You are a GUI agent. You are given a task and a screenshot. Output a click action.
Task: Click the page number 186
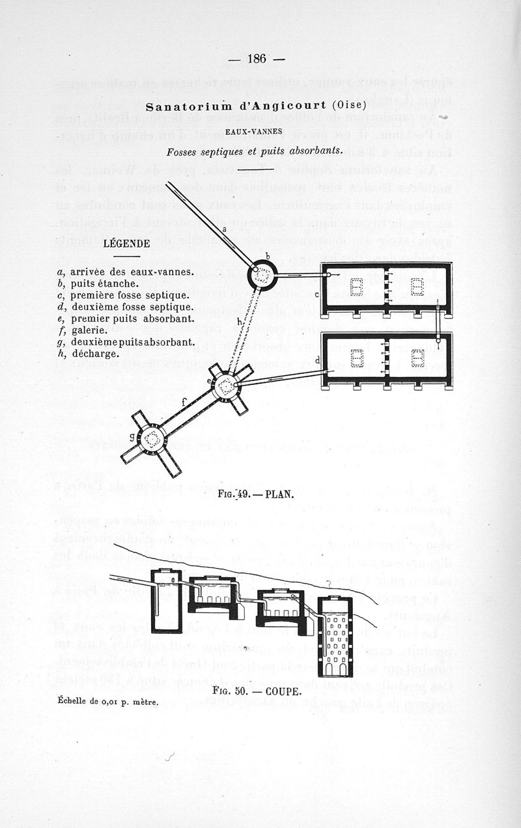(x=257, y=59)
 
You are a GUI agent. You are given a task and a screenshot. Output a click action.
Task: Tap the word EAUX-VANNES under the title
(x=253, y=132)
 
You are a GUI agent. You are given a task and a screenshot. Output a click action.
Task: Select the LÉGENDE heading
(x=127, y=244)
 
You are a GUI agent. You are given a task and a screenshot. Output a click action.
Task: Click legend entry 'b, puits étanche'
(x=98, y=283)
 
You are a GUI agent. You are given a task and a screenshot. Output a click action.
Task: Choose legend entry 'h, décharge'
(x=89, y=354)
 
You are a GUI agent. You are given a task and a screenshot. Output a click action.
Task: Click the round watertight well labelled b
(x=262, y=276)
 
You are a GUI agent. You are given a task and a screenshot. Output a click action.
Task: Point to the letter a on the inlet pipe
(x=224, y=229)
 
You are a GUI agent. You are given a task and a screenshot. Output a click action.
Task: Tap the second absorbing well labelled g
(x=152, y=439)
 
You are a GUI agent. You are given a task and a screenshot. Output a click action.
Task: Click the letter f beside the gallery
(x=184, y=402)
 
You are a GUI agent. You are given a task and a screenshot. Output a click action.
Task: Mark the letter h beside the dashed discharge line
(x=240, y=322)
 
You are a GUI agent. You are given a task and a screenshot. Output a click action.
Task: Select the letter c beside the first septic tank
(x=317, y=294)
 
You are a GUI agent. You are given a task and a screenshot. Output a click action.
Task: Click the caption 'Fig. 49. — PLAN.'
(x=256, y=493)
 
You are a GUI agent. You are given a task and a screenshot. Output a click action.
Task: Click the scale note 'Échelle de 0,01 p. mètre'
(x=99, y=701)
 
